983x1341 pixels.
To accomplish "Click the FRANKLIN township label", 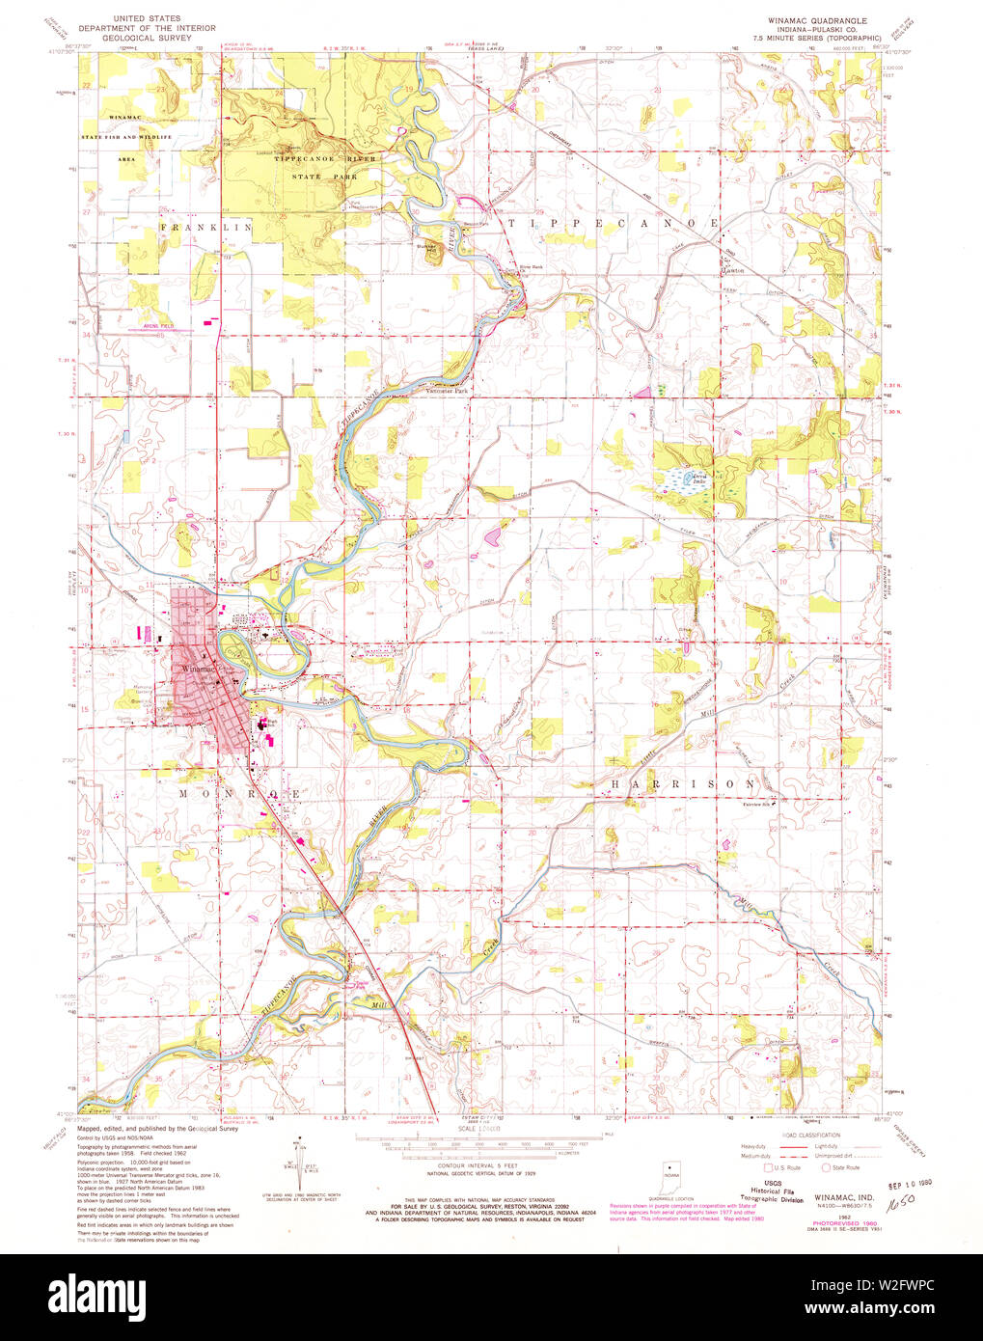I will [206, 228].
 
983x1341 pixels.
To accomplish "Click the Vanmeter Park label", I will [448, 392].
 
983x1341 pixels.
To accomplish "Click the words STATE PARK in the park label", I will [328, 178].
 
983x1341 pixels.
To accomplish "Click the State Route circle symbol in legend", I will [827, 1167].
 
